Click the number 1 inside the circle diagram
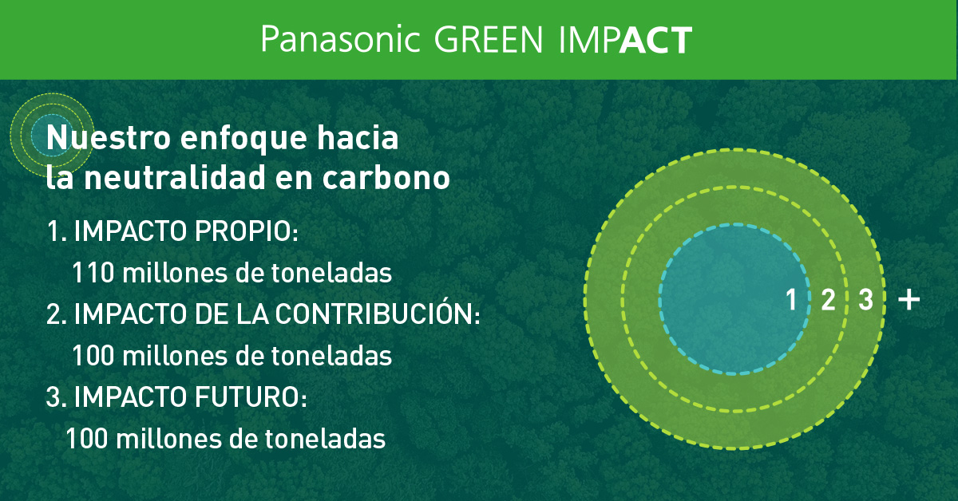click(791, 301)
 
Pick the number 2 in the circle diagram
click(828, 301)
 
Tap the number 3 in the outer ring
click(865, 301)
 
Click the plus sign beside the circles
click(909, 300)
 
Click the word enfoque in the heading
click(243, 138)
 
